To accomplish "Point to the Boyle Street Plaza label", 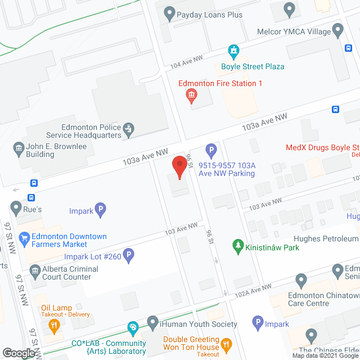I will click(x=252, y=66).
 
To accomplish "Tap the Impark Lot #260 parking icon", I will click(x=128, y=256).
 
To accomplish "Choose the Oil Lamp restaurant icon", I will click(x=54, y=325).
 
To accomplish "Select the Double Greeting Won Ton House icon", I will click(x=227, y=344).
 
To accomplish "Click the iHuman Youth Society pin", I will click(x=152, y=323).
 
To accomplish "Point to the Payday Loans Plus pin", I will click(x=168, y=12).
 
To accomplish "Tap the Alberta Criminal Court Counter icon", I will click(x=34, y=272).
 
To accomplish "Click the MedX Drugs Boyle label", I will click(x=321, y=148).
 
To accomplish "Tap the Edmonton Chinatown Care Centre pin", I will click(x=301, y=280).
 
